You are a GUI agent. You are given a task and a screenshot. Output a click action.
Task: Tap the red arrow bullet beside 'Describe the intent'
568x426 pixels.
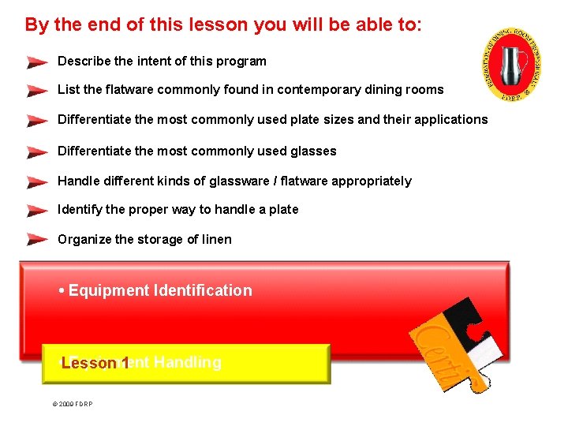pyautogui.click(x=36, y=62)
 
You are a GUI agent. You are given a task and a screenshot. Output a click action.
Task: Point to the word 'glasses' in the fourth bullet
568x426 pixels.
pyautogui.click(x=313, y=151)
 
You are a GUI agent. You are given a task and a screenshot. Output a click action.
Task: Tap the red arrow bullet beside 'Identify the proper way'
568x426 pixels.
pyautogui.click(x=36, y=210)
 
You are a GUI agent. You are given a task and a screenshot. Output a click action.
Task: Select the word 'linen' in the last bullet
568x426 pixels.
pyautogui.click(x=215, y=239)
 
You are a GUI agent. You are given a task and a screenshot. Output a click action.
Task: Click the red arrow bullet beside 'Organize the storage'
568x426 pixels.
pyautogui.click(x=36, y=239)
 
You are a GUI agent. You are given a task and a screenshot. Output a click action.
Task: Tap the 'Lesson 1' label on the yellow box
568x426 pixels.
pyautogui.click(x=95, y=363)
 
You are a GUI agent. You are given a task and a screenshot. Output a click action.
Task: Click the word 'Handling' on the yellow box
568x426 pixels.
pyautogui.click(x=188, y=363)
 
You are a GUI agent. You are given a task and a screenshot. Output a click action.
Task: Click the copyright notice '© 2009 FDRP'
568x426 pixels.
pyautogui.click(x=72, y=405)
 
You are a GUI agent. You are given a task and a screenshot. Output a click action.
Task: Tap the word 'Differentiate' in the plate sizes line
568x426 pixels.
pyautogui.click(x=96, y=120)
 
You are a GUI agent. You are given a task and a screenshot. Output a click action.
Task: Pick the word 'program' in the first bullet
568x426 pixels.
pyautogui.click(x=242, y=61)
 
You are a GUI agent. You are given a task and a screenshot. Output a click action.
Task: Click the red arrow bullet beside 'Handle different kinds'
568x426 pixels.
pyautogui.click(x=36, y=181)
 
